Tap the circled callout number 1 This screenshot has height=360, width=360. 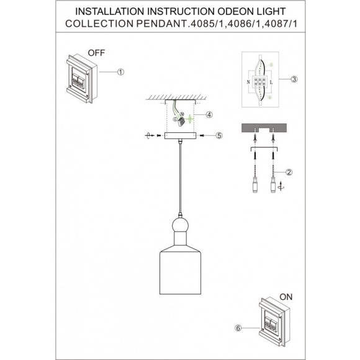[x=120, y=73]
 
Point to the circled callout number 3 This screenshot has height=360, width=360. [x=294, y=79]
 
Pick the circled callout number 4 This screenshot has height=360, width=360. [x=209, y=115]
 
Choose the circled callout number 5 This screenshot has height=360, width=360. [x=218, y=135]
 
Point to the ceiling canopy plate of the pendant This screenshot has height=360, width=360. [x=179, y=135]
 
